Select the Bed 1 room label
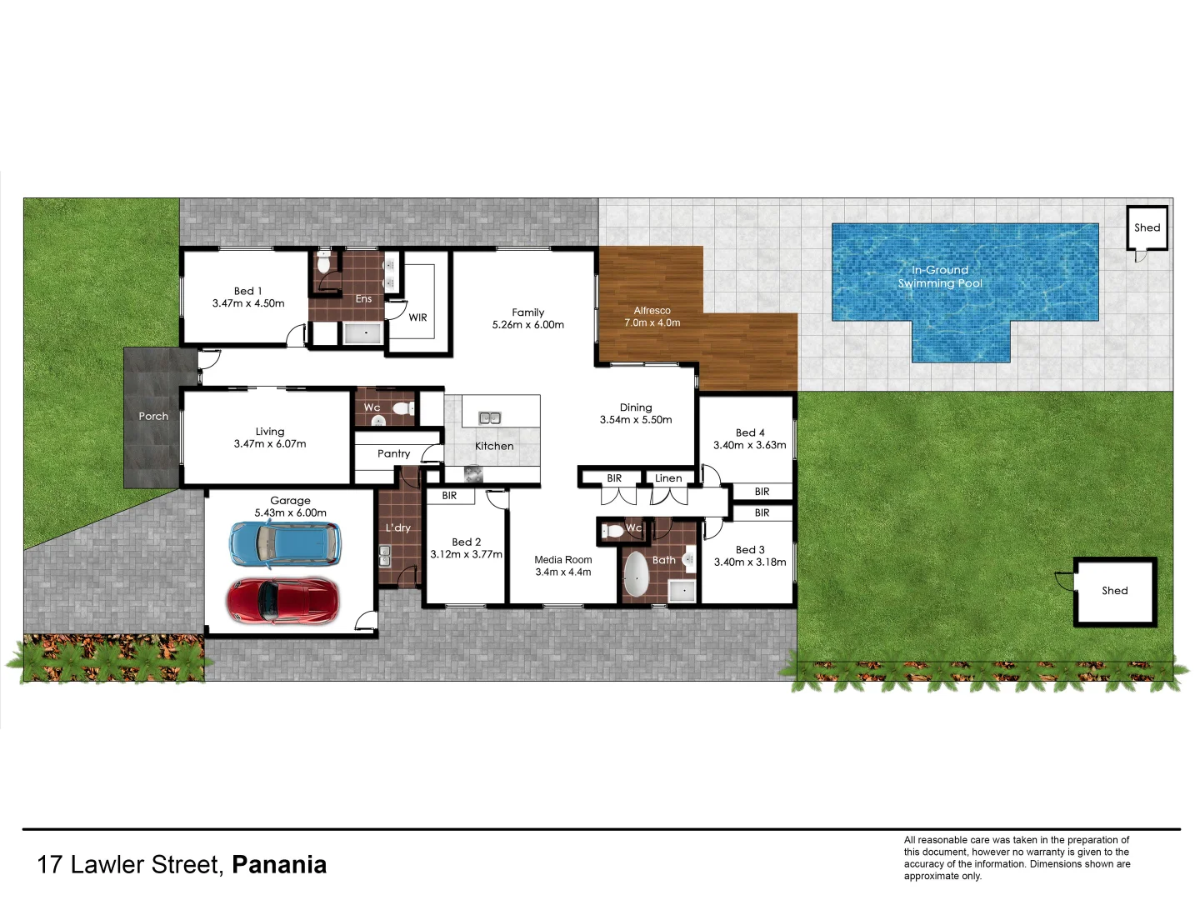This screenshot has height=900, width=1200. [248, 291]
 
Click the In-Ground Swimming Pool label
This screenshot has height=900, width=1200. [940, 277]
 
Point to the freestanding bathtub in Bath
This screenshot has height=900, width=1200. [636, 574]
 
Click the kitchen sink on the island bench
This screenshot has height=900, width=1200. [489, 417]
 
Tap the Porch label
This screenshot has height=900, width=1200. [153, 416]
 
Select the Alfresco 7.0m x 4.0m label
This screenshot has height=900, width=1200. [652, 317]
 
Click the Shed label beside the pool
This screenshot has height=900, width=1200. [1147, 227]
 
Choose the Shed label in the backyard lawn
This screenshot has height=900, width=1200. [1114, 591]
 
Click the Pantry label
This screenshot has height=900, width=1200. [393, 454]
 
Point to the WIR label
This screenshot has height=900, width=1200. [417, 317]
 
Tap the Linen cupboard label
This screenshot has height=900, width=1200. [668, 478]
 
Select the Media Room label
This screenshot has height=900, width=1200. [563, 560]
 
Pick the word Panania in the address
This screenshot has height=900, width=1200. [279, 865]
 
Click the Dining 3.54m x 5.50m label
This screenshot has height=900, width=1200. [636, 413]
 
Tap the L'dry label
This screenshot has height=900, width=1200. [397, 527]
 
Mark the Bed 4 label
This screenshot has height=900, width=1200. [750, 432]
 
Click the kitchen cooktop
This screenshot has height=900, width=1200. [473, 473]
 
